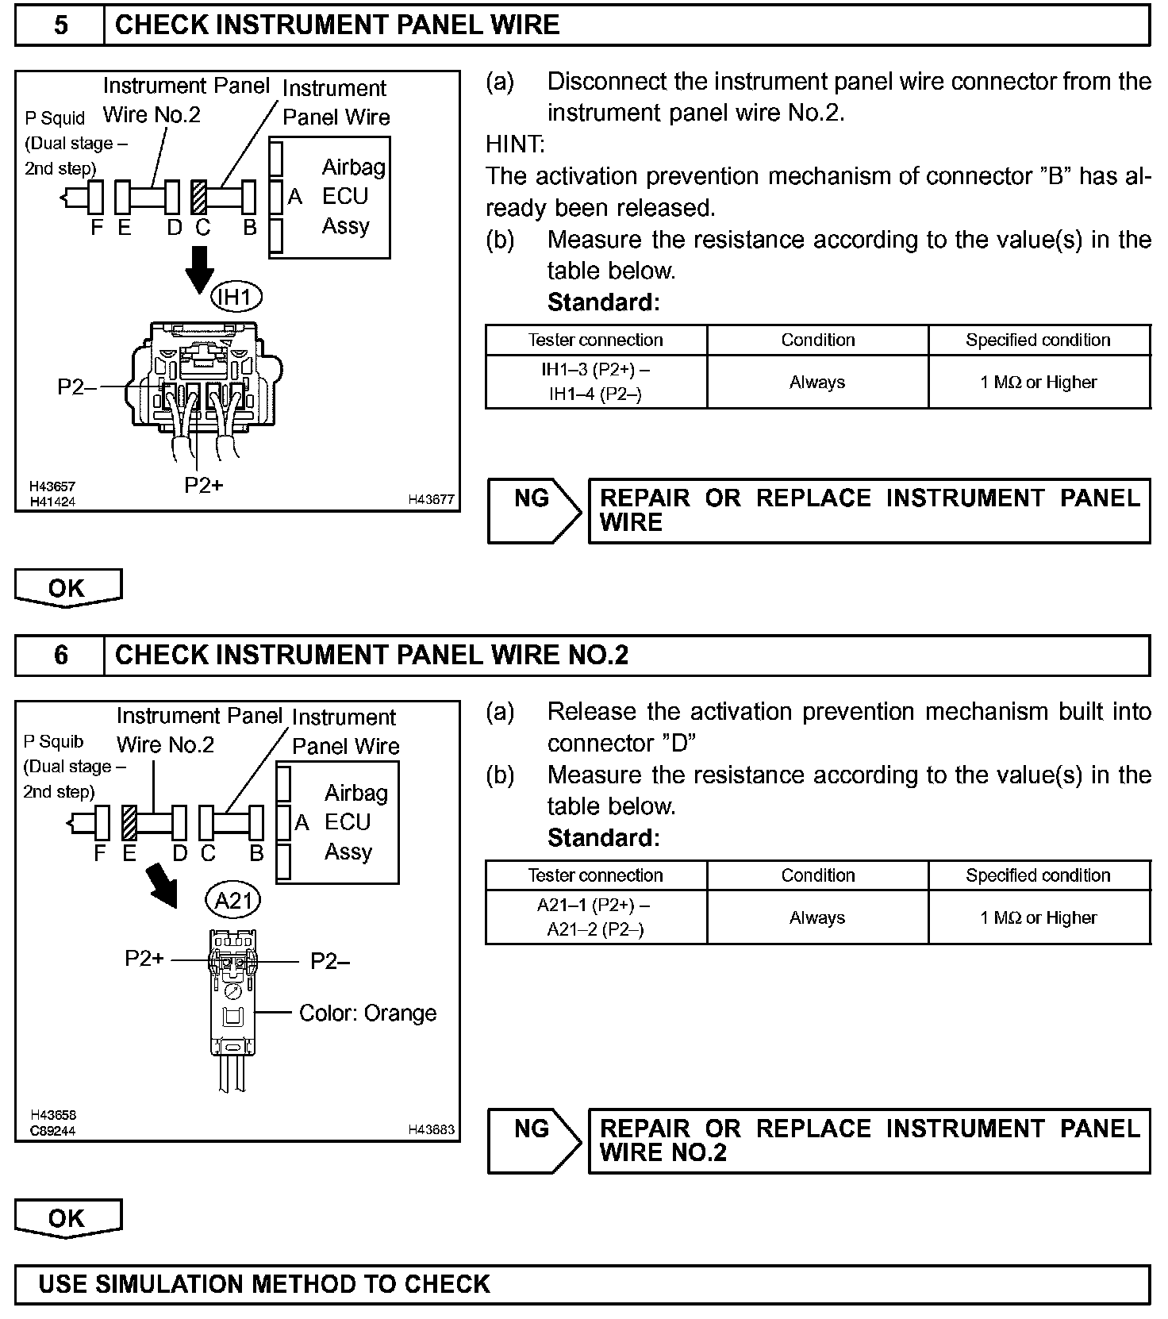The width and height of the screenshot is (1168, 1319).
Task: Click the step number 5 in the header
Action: [60, 25]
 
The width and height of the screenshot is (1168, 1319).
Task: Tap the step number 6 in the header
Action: [60, 655]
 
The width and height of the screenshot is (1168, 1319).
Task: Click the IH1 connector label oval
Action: [236, 298]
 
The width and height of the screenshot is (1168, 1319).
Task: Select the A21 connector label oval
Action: [233, 900]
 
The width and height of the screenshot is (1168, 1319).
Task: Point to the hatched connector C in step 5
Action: [199, 198]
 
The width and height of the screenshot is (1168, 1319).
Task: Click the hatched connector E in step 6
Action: [129, 822]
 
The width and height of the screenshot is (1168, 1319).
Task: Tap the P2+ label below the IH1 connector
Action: [204, 485]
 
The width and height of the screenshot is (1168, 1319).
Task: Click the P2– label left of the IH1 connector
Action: [77, 387]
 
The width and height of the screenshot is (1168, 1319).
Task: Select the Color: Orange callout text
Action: [367, 1013]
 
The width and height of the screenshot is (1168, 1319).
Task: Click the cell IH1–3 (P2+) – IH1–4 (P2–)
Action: [596, 382]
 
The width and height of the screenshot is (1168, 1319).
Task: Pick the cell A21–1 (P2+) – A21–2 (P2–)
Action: [596, 917]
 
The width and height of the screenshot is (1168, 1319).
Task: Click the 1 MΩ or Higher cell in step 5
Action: [1039, 382]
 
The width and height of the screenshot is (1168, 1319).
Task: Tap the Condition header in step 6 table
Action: [817, 875]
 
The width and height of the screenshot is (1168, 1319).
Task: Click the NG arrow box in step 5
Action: [533, 510]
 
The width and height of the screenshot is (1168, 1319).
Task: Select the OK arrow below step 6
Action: [67, 1218]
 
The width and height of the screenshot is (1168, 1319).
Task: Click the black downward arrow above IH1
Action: [199, 268]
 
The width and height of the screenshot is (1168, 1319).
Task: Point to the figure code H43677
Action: [431, 499]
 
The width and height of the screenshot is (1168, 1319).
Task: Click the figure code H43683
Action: [431, 1129]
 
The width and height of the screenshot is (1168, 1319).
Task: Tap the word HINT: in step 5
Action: [515, 144]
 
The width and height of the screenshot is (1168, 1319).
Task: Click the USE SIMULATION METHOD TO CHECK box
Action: [582, 1284]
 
